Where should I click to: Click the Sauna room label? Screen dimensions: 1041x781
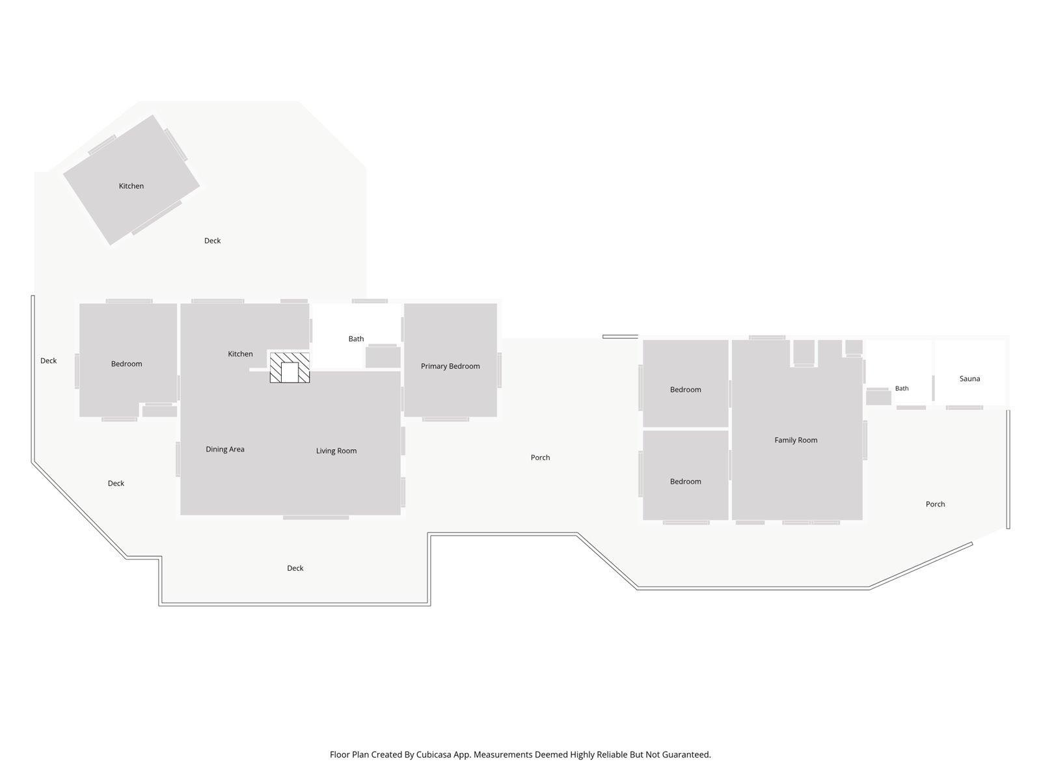(969, 378)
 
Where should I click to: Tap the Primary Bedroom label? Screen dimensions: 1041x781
(450, 366)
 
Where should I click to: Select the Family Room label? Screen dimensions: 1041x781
(796, 440)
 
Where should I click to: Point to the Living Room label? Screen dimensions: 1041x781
(336, 450)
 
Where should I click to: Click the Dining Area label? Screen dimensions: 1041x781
(225, 449)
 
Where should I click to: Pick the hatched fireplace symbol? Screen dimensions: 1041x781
(290, 368)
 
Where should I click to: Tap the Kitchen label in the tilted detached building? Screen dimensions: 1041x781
(131, 186)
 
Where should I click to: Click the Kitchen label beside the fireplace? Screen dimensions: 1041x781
(240, 354)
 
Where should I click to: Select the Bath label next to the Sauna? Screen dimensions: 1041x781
(902, 389)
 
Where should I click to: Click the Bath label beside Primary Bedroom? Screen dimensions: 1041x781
(356, 338)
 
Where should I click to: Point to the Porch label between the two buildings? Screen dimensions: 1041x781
(540, 458)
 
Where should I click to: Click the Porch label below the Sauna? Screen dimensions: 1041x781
(935, 504)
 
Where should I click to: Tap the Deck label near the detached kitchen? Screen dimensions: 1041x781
(213, 241)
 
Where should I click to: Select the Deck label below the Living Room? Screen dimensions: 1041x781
(295, 568)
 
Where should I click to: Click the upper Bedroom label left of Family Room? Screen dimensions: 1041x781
(685, 390)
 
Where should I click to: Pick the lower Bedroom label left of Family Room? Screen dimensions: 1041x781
(685, 482)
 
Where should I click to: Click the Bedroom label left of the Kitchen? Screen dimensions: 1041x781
(127, 364)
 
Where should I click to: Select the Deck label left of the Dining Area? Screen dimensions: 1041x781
(116, 483)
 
